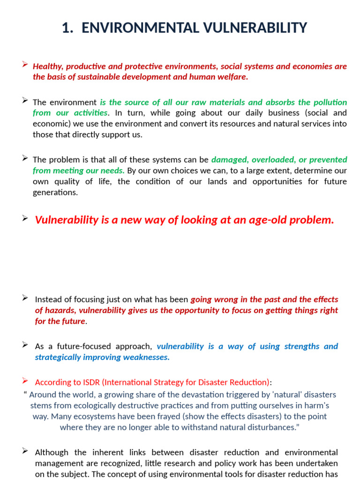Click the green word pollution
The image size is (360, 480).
[x=328, y=102]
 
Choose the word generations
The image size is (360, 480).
[x=55, y=193]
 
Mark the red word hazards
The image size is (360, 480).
[x=60, y=310]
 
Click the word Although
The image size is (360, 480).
[x=52, y=452]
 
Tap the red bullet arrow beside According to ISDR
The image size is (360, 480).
[x=25, y=381]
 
